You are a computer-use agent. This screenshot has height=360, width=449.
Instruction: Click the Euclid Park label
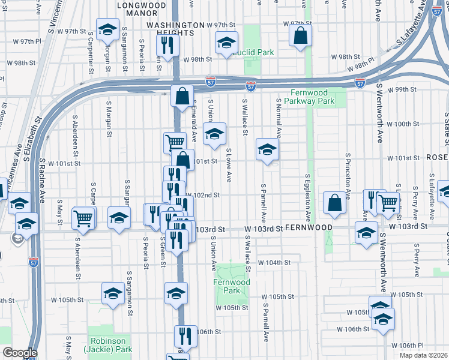tap(255, 53)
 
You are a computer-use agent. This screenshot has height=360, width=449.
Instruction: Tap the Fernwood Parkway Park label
tap(312, 97)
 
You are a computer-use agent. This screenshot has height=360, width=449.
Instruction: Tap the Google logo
tap(19, 353)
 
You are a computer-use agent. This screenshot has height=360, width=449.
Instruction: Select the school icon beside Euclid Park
tap(226, 43)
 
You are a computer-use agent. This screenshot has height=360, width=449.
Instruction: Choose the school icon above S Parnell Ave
tap(267, 149)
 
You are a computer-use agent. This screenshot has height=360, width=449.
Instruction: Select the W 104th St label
tap(274, 263)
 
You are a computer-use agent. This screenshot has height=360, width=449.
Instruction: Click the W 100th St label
tap(403, 124)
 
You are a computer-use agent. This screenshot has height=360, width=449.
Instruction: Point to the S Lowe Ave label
tap(229, 166)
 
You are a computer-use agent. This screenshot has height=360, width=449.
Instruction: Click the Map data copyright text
tap(424, 355)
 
